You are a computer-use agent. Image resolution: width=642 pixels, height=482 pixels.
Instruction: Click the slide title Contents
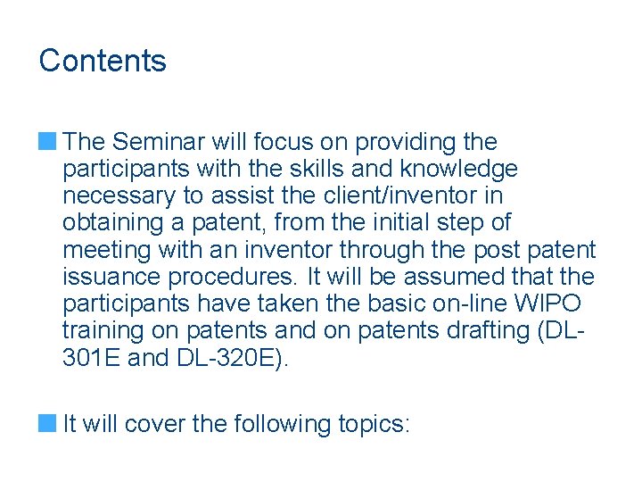point(103,61)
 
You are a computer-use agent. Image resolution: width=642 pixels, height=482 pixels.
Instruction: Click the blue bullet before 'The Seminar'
point(48,141)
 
